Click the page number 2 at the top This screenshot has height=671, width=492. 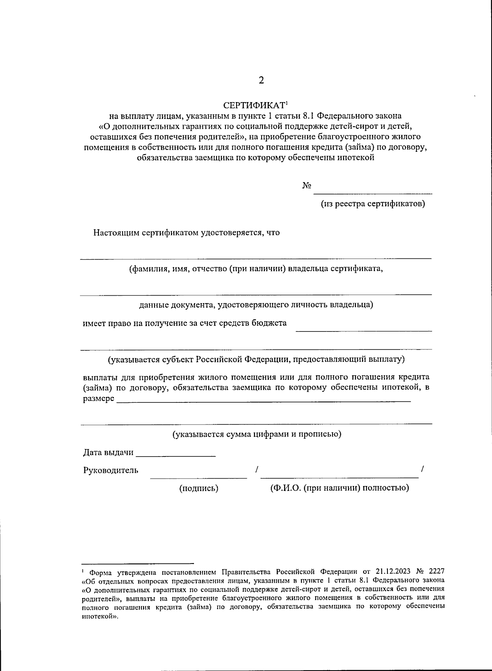point(261,80)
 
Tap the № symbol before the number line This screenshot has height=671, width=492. point(307,186)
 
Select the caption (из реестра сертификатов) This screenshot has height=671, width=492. point(372,204)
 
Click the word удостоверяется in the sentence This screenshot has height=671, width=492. point(232,233)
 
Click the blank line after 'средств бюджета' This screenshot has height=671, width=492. point(364,330)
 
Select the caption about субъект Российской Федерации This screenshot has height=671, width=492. point(256,359)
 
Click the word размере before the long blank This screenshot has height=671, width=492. point(99,399)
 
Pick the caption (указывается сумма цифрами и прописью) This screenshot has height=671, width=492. point(256,434)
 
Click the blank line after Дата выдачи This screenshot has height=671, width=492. point(175,456)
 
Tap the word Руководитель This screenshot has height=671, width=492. point(111,470)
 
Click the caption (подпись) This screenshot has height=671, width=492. point(199,488)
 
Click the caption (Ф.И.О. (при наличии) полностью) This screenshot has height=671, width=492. point(339,488)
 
